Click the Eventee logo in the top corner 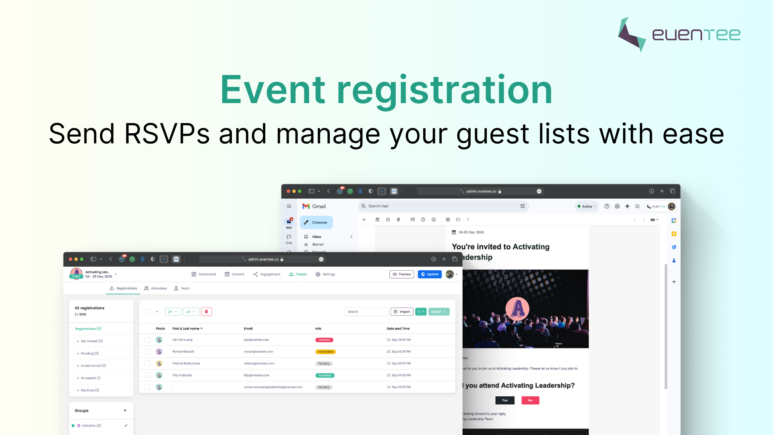click(x=679, y=35)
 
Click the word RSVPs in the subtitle click(x=167, y=134)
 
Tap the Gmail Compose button click(x=316, y=222)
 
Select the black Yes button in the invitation click(x=505, y=400)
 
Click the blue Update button click(x=430, y=274)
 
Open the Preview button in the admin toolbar click(x=402, y=274)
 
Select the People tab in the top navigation click(x=298, y=274)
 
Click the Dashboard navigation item click(x=204, y=274)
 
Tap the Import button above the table click(x=402, y=312)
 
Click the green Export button click(x=438, y=312)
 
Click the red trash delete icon click(x=207, y=312)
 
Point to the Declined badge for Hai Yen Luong click(x=324, y=340)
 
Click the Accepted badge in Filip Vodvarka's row click(x=324, y=375)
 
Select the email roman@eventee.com click(x=258, y=352)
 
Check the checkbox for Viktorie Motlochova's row click(x=147, y=363)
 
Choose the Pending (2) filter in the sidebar click(x=90, y=353)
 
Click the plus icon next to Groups click(x=125, y=410)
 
